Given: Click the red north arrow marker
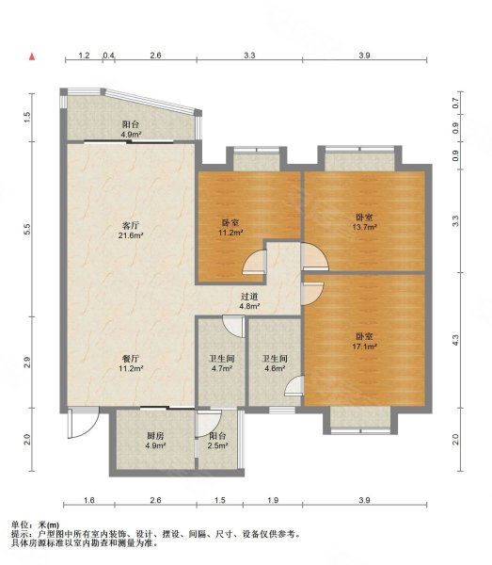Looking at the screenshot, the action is tap(32, 56).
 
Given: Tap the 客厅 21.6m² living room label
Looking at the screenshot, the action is tap(131, 231).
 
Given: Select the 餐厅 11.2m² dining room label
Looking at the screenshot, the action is tap(131, 363).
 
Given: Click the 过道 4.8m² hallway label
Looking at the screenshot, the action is tap(250, 301).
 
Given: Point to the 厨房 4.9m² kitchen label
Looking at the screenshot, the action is tap(155, 441).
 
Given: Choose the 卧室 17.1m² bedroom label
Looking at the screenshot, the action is tap(365, 341).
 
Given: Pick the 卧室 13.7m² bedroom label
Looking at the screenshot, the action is tap(365, 222).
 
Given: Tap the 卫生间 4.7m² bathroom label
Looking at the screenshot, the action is tap(222, 363).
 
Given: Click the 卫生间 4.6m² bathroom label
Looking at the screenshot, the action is tap(275, 363).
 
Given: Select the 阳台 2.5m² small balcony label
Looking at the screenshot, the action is tap(217, 441).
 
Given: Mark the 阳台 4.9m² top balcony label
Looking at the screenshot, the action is tap(131, 129).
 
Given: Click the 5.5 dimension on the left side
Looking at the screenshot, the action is tap(27, 229).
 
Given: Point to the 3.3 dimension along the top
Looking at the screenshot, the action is tap(249, 56).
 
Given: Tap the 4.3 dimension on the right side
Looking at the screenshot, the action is tap(455, 340).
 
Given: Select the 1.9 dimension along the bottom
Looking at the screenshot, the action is tap(273, 500).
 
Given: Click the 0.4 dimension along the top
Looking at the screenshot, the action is tap(109, 56).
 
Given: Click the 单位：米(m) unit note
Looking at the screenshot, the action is tap(35, 525).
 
